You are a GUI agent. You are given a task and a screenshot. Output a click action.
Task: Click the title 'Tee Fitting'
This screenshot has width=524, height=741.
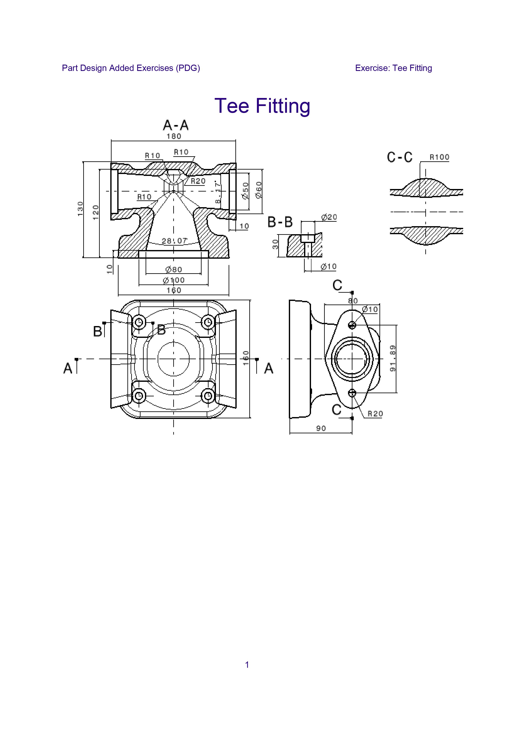tap(262, 106)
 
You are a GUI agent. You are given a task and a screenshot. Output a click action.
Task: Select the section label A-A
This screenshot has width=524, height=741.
tap(176, 125)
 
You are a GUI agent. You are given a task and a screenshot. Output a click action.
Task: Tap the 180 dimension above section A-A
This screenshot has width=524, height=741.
tap(174, 136)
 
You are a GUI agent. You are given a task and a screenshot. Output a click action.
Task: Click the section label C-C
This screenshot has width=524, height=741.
tap(400, 157)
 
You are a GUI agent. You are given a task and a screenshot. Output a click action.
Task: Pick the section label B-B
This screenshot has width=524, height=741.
tap(280, 222)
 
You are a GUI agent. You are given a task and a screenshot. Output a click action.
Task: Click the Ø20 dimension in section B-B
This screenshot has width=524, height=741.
tap(329, 217)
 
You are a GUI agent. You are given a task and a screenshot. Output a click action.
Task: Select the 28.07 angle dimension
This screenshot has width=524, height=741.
tap(174, 241)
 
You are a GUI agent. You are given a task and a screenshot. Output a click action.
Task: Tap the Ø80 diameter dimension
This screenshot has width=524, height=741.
tap(174, 269)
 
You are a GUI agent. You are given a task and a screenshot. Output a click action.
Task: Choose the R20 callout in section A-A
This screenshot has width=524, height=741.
tap(198, 181)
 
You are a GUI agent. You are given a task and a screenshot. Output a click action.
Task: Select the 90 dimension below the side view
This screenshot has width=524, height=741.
tap(321, 428)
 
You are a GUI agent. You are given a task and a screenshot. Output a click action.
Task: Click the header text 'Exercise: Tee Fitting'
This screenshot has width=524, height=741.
tap(393, 68)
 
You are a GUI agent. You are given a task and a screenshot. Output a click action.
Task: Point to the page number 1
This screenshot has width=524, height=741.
tap(247, 665)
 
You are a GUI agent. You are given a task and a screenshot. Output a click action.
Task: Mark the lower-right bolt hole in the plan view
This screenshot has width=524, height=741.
tap(208, 395)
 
